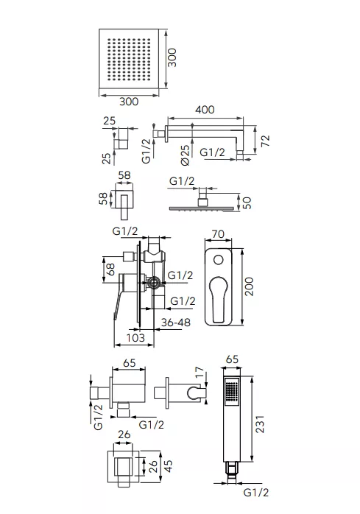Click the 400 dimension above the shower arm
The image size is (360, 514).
[x=205, y=110]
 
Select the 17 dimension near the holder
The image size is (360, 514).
[x=199, y=373]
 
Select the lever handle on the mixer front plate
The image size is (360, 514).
[x=219, y=298]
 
